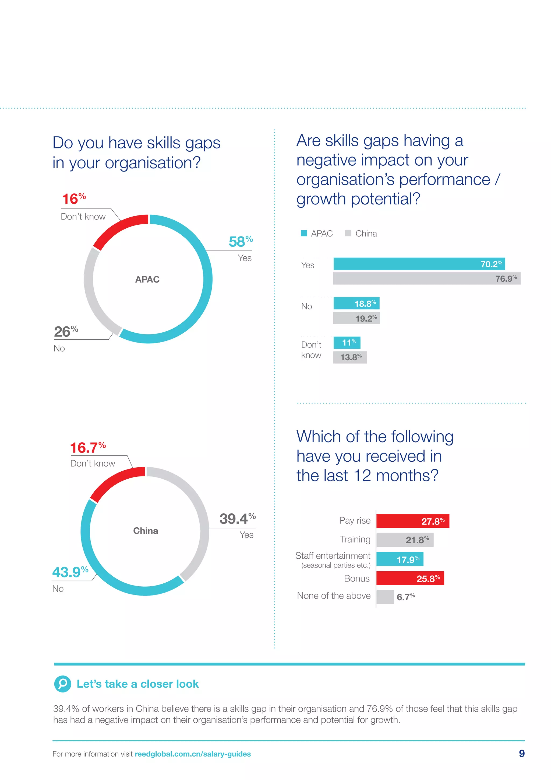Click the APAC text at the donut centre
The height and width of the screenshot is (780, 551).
(147, 280)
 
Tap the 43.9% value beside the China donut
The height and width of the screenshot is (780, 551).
(70, 572)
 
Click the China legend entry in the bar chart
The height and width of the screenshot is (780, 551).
(361, 234)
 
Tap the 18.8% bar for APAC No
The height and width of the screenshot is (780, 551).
(356, 303)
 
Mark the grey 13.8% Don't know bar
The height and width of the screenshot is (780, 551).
(350, 357)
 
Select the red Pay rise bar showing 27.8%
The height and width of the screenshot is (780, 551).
(412, 521)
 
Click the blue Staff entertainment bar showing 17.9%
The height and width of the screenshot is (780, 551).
(400, 559)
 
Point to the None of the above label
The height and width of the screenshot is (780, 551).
(334, 596)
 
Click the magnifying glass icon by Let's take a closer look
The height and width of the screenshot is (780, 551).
(63, 684)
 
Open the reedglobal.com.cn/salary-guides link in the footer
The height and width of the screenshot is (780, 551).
(193, 754)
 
